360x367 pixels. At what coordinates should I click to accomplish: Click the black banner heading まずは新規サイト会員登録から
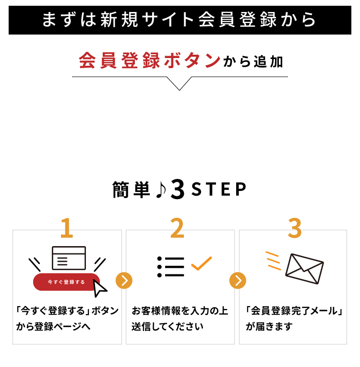pos(180,20)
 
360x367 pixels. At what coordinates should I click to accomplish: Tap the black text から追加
pos(253,62)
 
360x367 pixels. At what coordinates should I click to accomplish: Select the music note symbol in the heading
pos(161,190)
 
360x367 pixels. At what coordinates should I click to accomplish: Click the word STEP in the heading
pos(218,190)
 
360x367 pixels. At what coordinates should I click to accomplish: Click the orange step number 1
pos(67,228)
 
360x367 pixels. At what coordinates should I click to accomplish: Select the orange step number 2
pos(177,228)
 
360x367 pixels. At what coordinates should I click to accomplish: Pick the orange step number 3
pos(294,228)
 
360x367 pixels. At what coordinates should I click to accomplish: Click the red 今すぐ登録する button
pos(66,282)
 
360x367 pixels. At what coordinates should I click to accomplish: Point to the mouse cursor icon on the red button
pos(100,289)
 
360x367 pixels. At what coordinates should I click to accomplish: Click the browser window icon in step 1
pos(69,258)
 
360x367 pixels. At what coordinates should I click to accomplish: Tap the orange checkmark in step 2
pos(201,263)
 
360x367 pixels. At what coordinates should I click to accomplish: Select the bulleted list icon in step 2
pos(170,267)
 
